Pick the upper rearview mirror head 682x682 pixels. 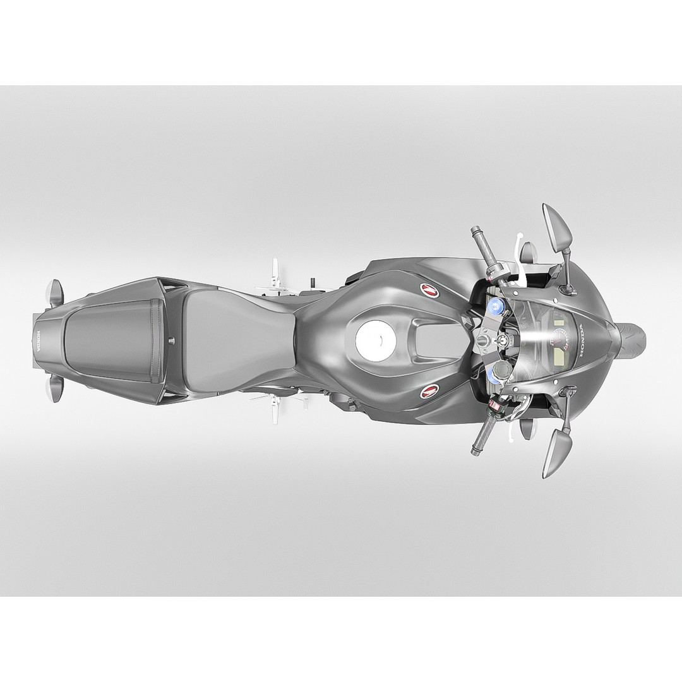pos(558,226)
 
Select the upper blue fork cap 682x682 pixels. pos(494,308)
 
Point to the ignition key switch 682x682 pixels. pos(482,341)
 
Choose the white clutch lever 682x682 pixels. pos(519,253)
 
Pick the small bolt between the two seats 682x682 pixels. pos(170,340)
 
